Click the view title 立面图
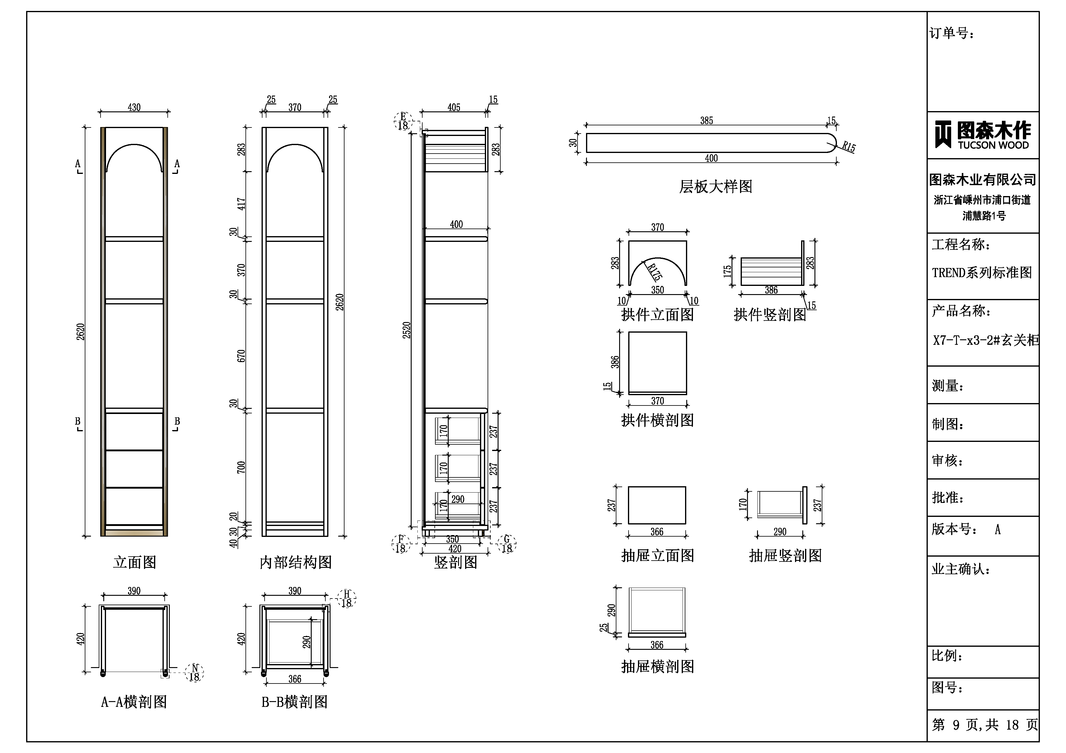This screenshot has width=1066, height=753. point(135,562)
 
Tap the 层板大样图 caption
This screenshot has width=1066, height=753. point(715,187)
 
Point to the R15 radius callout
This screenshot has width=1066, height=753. point(849,147)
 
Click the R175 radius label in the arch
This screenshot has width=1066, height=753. point(654,272)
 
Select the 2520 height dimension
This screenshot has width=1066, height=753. point(407,330)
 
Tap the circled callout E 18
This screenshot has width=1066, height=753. point(403,122)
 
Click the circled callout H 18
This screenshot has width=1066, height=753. point(346,599)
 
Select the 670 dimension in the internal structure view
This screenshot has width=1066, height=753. point(241,356)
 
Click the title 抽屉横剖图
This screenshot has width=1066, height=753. point(657,667)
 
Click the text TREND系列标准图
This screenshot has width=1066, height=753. point(982,272)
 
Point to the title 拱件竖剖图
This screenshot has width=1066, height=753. point(770,314)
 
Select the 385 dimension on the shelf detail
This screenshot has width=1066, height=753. point(706,120)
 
